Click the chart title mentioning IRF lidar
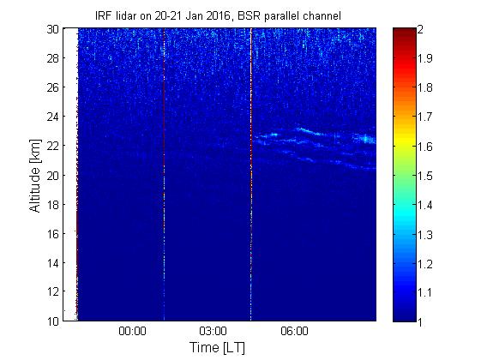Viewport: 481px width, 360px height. point(218,15)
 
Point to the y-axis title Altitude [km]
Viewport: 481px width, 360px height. point(35,176)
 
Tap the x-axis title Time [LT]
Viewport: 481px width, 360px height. point(218,348)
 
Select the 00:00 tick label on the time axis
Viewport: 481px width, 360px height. point(132,331)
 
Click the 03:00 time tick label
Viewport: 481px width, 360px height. point(213,331)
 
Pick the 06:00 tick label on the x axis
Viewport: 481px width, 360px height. point(294,331)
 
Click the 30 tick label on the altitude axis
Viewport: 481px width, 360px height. point(52,29)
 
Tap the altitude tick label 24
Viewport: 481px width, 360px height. point(52,117)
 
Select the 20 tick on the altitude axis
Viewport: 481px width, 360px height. point(52,176)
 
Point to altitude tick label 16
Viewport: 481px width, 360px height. point(52,234)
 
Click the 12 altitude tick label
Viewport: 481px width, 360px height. point(52,291)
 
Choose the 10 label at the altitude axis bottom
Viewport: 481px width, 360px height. point(52,321)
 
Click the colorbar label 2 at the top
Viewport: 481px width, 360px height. point(420,29)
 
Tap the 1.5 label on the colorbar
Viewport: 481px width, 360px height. point(424,176)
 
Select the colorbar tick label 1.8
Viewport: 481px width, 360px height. point(424,87)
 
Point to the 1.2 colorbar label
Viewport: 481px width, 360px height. point(424,263)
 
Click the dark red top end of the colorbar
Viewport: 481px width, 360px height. point(405,31)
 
